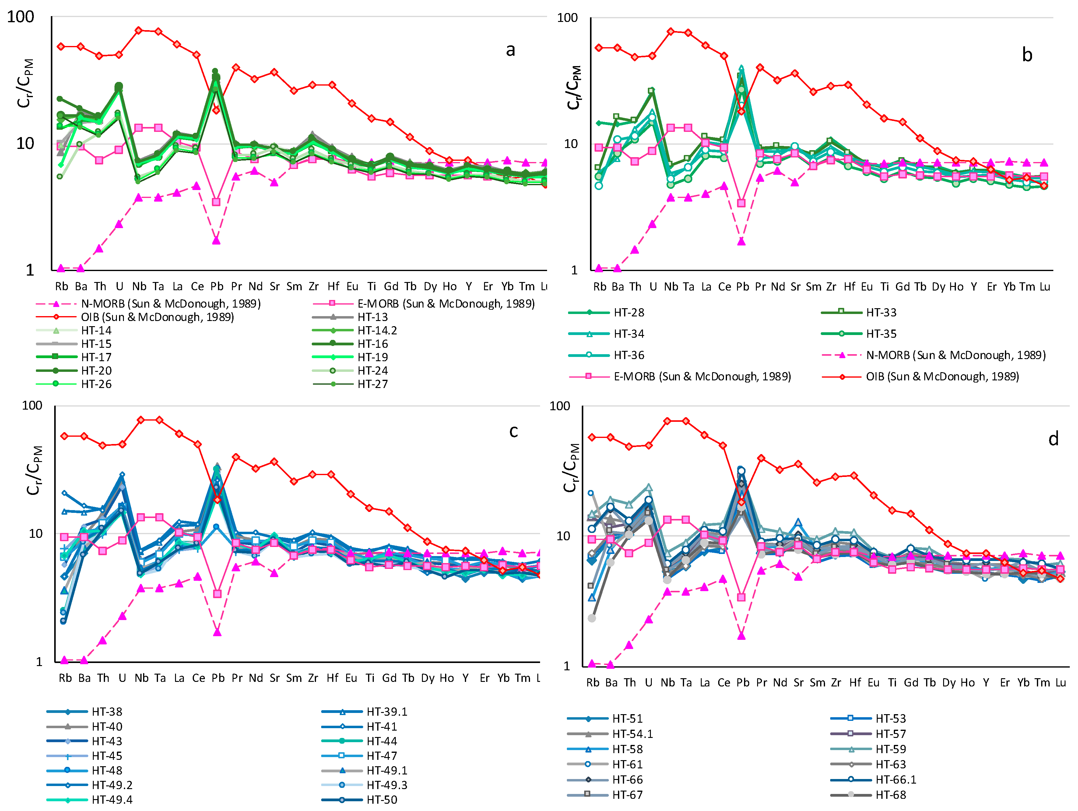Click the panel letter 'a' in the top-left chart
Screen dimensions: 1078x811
tap(510, 50)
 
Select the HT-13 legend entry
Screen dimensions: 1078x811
tap(350, 317)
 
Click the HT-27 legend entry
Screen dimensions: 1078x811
tap(350, 384)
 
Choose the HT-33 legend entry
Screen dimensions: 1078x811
tap(859, 312)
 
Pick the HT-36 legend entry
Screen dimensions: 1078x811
tap(606, 355)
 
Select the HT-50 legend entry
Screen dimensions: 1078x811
tap(359, 800)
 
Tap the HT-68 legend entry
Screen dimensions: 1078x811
tap(869, 795)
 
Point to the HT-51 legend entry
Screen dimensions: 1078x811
tap(605, 718)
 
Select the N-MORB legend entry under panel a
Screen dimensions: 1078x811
tap(148, 304)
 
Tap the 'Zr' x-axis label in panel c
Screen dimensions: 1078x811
tap(313, 678)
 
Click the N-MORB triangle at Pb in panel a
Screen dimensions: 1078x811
tap(216, 240)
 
